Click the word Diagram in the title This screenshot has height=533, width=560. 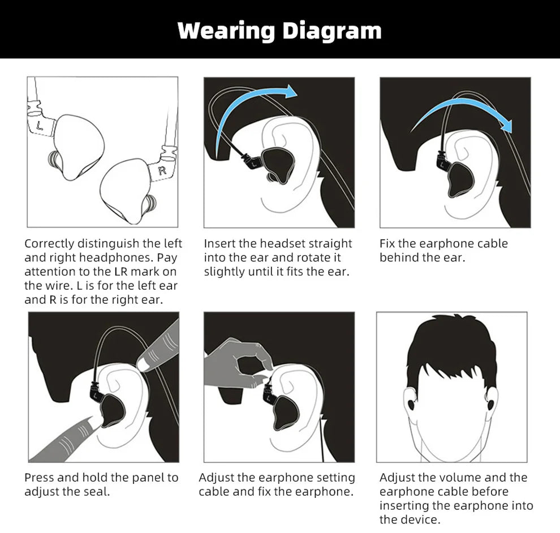click(332, 31)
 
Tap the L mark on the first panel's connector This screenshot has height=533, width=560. click(40, 126)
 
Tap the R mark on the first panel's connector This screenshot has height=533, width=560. click(162, 171)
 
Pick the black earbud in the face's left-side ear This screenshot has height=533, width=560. click(411, 405)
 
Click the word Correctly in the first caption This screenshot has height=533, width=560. click(49, 244)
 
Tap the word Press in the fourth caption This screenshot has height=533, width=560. click(39, 478)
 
